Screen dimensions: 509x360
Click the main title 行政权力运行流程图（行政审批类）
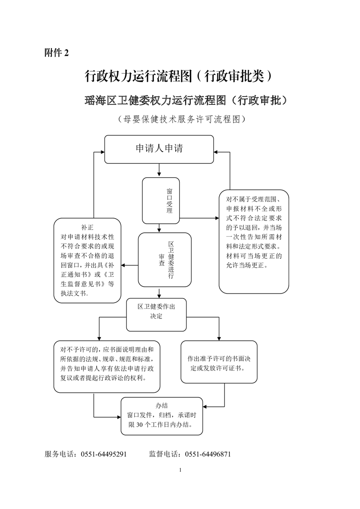pos(179,76)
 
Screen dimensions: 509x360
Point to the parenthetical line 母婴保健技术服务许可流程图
pos(180,119)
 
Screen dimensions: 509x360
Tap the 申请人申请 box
pos(159,149)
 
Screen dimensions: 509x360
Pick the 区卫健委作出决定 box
pos(156,312)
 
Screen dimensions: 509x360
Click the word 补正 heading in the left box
pos(87,227)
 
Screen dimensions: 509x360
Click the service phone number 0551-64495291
pos(104,454)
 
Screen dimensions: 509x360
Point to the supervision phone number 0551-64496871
pos(208,454)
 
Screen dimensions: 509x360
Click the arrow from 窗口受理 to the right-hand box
pos(198,218)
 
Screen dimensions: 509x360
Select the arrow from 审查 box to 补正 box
pos(129,265)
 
